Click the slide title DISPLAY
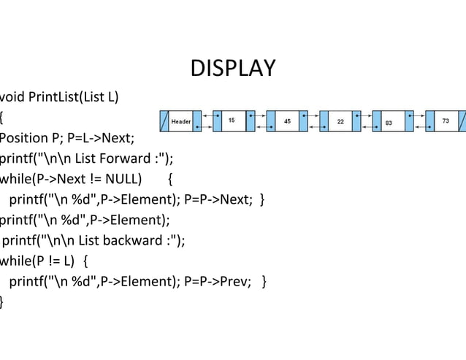(x=233, y=68)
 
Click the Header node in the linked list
(x=181, y=121)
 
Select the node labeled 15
(x=232, y=120)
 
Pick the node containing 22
(x=340, y=120)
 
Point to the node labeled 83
(x=389, y=121)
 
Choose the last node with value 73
(x=446, y=120)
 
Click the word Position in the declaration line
(x=22, y=137)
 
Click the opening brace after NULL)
(x=170, y=179)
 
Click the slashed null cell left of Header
(x=164, y=121)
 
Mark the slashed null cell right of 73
(x=462, y=120)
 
